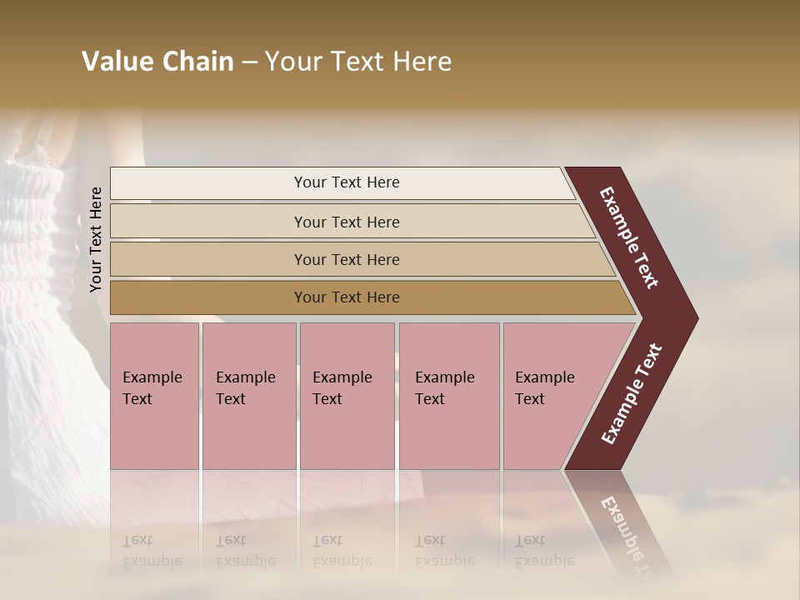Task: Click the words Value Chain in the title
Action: tap(157, 62)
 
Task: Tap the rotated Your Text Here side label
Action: tap(96, 239)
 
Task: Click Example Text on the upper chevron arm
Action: tap(629, 237)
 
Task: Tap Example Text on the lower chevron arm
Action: tap(632, 393)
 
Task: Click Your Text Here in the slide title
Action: tap(358, 62)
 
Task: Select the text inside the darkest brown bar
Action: tap(347, 297)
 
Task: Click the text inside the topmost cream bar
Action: tap(347, 182)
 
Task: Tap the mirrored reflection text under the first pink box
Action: tap(152, 551)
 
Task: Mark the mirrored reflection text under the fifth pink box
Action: tap(544, 551)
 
